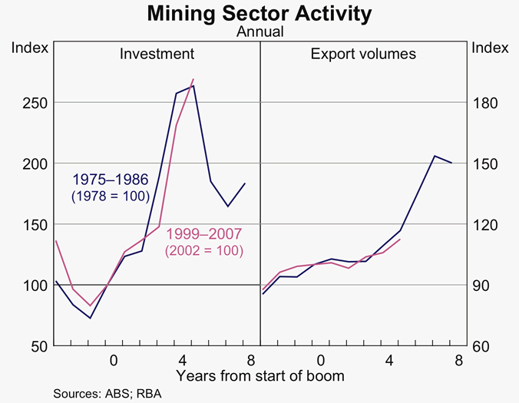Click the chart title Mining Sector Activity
[x=259, y=13]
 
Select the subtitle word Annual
[x=259, y=32]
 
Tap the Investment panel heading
[x=156, y=54]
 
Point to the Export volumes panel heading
[x=363, y=54]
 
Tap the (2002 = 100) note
[x=203, y=250]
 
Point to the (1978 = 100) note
[x=110, y=197]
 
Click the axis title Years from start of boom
[x=259, y=375]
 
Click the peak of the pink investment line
[x=193, y=79]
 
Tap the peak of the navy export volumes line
[x=435, y=156]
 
